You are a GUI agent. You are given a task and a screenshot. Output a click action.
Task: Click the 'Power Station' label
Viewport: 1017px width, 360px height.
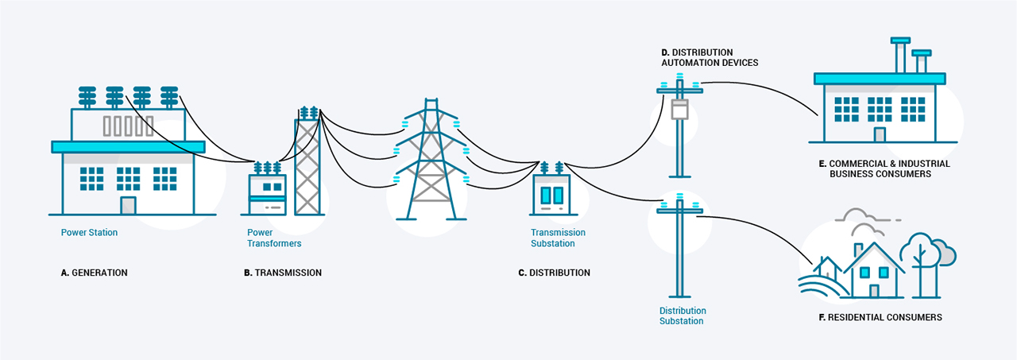coord(89,232)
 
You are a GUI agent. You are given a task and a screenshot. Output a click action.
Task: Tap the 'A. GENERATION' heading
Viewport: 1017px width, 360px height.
coord(94,273)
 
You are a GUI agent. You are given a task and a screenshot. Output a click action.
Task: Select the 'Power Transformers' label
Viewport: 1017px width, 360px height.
coord(274,238)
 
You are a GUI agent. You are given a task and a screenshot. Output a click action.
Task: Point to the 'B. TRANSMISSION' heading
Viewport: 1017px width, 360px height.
coord(283,273)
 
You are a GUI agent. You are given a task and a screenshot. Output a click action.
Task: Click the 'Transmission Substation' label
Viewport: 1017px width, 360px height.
coord(558,238)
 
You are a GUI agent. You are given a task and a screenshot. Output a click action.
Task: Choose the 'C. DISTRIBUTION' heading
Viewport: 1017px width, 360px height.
coord(555,273)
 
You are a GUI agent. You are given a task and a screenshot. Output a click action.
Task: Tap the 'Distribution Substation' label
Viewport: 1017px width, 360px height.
coord(683,316)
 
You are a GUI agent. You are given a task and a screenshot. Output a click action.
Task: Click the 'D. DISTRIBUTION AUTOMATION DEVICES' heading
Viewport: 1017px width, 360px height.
coord(710,58)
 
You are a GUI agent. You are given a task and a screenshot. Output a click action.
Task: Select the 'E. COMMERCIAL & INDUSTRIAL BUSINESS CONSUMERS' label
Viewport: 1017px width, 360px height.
coord(884,169)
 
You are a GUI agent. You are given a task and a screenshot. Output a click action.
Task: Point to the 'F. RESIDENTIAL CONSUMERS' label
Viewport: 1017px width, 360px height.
coord(880,317)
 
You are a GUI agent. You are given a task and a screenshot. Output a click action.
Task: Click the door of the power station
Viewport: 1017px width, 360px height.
coord(128,206)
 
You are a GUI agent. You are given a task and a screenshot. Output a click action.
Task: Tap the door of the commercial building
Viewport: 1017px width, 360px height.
coord(880,135)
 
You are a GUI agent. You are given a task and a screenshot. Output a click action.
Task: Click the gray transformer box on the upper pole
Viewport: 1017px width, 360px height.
coord(679,109)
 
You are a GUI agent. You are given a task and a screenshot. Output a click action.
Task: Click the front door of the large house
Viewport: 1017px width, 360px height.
coord(874,291)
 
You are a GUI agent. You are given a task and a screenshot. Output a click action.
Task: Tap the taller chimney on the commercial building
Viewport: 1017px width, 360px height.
coord(900,55)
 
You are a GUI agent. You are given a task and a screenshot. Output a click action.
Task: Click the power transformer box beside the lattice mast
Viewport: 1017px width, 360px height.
coord(268,194)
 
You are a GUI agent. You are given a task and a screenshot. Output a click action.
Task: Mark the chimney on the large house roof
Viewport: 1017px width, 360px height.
coord(858,250)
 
